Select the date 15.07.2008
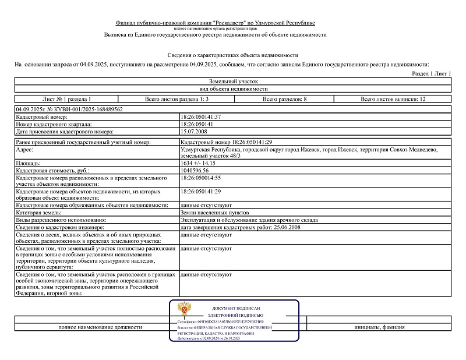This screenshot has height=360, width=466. [195, 132]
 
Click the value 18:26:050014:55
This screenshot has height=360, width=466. [201, 177]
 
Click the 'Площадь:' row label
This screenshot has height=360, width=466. [29, 163]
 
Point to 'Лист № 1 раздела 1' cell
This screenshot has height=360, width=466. [67, 99]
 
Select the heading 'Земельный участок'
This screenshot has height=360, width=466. [233, 82]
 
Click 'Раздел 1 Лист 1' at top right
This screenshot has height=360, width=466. [432, 74]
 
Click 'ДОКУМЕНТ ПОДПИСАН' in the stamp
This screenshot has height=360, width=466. [235, 308]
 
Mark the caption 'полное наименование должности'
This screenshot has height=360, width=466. [100, 327]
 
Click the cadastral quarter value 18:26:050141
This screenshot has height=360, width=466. [197, 125]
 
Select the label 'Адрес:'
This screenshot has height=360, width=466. [26, 150]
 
